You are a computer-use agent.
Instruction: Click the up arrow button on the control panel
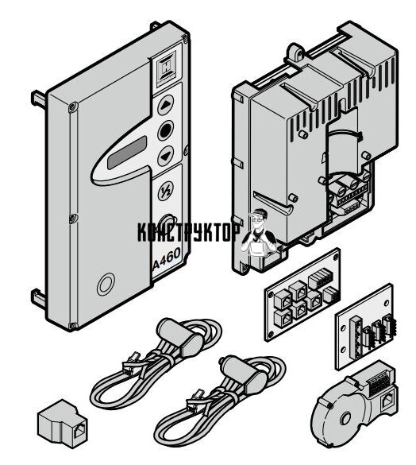pyautogui.click(x=166, y=105)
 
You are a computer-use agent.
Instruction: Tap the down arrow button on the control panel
pyautogui.click(x=165, y=156)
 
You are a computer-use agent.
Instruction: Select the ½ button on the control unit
pyautogui.click(x=165, y=192)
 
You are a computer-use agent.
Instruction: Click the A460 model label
pyautogui.click(x=167, y=258)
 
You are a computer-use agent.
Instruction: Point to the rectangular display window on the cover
pyautogui.click(x=127, y=153)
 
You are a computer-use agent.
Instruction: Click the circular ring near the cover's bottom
pyautogui.click(x=106, y=284)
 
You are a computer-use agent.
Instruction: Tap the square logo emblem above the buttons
pyautogui.click(x=166, y=69)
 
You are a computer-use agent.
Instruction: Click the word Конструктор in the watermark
pyautogui.click(x=189, y=232)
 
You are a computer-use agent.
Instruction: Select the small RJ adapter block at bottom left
pyautogui.click(x=63, y=424)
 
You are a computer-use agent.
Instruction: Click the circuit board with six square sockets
pyautogui.click(x=302, y=294)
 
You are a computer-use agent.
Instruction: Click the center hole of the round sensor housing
pyautogui.click(x=345, y=419)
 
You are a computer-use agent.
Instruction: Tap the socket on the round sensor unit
pyautogui.click(x=387, y=403)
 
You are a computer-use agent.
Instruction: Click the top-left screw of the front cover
pyautogui.click(x=73, y=107)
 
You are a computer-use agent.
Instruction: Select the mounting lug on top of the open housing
pyautogui.click(x=295, y=53)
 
